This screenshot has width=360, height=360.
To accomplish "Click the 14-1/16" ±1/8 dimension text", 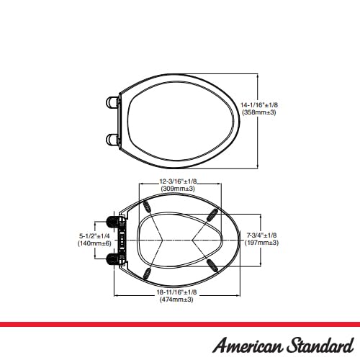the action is click(259, 105).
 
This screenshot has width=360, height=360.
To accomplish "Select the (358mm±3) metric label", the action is click(259, 112).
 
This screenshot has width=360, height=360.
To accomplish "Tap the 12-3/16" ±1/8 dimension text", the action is click(178, 181).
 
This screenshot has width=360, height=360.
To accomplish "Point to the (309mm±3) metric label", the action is click(178, 189).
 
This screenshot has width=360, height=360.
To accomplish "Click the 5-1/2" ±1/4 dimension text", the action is click(94, 236).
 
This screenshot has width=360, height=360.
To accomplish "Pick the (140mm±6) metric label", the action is click(94, 243).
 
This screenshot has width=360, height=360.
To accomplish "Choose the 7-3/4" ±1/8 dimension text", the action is click(261, 235).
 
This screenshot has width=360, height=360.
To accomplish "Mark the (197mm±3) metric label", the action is click(261, 243).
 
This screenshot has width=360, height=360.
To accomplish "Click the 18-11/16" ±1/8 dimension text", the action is click(176, 292).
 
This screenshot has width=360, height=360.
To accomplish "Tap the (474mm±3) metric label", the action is click(176, 300).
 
